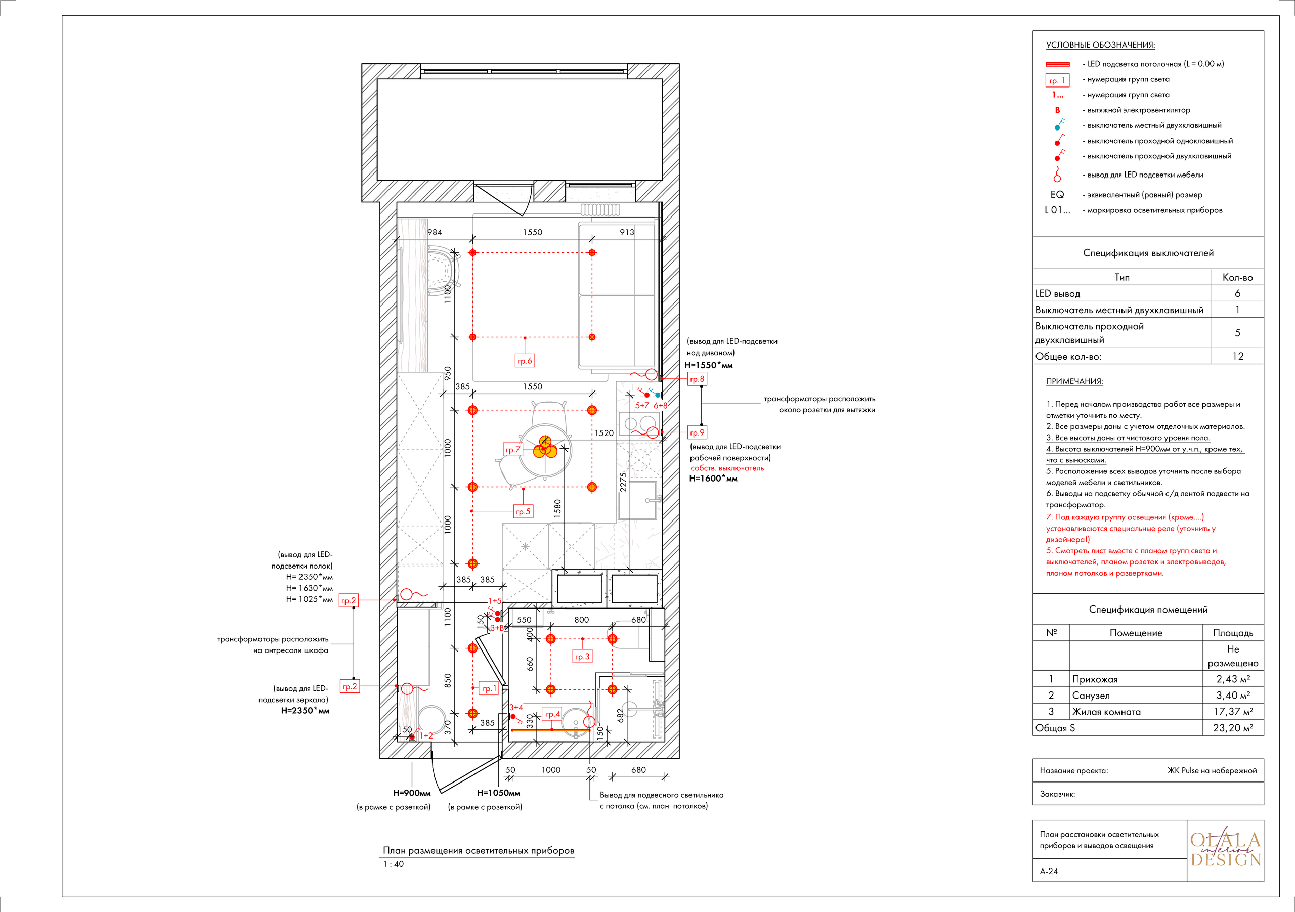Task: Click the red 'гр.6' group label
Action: tap(525, 361)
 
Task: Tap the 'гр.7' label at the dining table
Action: tap(513, 450)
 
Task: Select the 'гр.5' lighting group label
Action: tap(523, 511)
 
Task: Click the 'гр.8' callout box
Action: tap(697, 379)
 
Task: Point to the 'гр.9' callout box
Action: tap(697, 432)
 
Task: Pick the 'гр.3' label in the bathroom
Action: tap(582, 657)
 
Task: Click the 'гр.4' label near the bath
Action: tap(553, 714)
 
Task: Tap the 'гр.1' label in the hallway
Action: tap(489, 688)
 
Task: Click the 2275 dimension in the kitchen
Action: tap(623, 482)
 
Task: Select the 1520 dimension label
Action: tap(603, 433)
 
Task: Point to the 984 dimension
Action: tap(435, 232)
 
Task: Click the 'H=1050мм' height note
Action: tap(499, 793)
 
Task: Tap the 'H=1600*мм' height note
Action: tap(713, 479)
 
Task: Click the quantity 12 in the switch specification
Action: tap(1237, 356)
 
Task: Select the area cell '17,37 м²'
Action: tap(1233, 712)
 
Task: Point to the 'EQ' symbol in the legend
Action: tap(1057, 195)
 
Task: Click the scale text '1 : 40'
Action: tap(394, 864)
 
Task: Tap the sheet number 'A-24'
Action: tap(1049, 872)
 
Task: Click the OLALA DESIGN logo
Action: tap(1226, 850)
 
